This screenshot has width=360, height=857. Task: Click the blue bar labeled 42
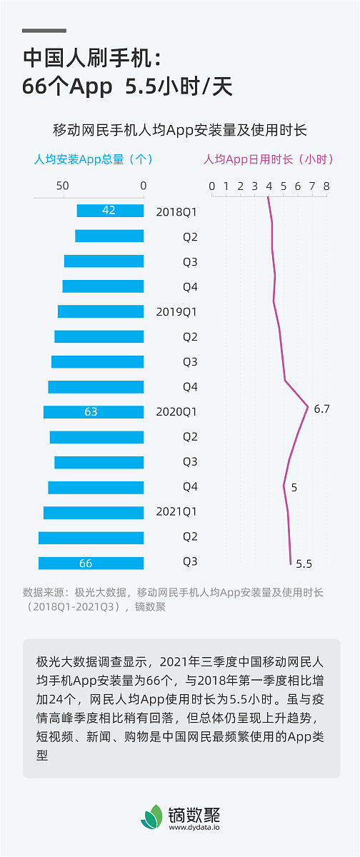click(x=110, y=211)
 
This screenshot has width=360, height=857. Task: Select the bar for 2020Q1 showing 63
click(x=93, y=412)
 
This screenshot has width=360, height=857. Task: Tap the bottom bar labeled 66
click(x=91, y=563)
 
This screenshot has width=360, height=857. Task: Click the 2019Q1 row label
click(x=176, y=311)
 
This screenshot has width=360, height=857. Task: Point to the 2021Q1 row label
click(x=176, y=512)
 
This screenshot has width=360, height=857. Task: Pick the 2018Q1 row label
click(x=176, y=211)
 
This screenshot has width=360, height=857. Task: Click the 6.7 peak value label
click(x=321, y=409)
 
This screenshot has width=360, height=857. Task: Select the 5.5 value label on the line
click(x=304, y=563)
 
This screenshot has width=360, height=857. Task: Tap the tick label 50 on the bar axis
click(x=63, y=186)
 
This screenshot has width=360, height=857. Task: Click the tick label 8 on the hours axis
click(x=326, y=186)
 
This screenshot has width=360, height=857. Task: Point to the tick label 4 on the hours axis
click(x=269, y=186)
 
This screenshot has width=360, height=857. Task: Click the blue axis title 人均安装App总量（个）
click(x=94, y=159)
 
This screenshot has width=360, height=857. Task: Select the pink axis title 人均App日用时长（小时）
click(x=269, y=159)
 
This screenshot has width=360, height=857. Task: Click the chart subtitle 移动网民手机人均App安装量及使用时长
click(x=180, y=130)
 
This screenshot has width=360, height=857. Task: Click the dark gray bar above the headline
click(x=44, y=31)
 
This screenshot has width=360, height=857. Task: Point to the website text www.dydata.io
click(x=194, y=828)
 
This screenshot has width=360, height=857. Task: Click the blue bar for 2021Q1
click(x=93, y=512)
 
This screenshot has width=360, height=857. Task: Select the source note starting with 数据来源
click(x=173, y=599)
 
